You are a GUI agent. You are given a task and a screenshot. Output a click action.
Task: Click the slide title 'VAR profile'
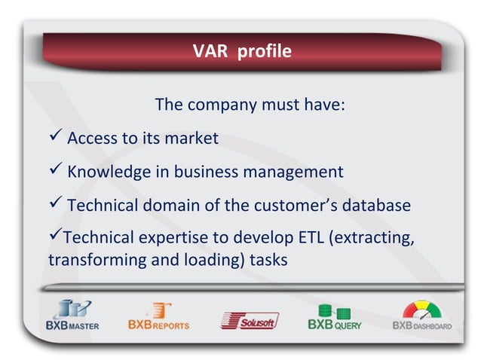click(241, 51)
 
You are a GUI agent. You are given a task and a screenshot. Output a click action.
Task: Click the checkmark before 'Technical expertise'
click(54, 236)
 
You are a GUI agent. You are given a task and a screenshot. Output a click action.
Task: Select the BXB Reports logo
click(158, 316)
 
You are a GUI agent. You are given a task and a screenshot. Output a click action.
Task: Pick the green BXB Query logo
click(333, 316)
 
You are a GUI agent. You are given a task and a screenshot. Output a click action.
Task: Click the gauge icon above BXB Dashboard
click(419, 310)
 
